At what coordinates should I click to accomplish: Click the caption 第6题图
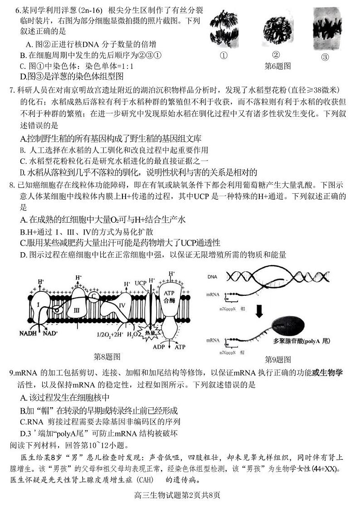[277, 66]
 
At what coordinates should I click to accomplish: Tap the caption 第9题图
[277, 359]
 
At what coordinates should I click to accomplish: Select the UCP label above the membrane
[141, 284]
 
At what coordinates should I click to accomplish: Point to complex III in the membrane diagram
[77, 310]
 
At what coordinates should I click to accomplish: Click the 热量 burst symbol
[149, 334]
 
